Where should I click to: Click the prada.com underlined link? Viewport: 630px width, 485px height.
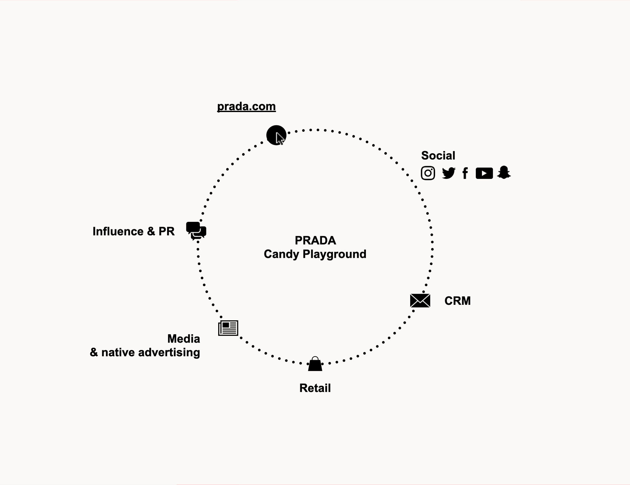point(246,107)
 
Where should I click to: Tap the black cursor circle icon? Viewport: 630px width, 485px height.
point(276,135)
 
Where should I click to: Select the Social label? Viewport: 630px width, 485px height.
point(438,156)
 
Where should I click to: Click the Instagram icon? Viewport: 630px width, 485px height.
point(428,173)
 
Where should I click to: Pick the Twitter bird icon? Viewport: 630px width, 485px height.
point(449,173)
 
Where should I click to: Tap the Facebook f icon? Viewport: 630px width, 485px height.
point(465,173)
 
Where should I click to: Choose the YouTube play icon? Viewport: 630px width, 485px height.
point(484,173)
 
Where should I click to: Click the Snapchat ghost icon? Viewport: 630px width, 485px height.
point(504,173)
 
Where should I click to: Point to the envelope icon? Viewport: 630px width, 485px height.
point(420,301)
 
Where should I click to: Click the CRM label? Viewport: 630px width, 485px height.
point(457,301)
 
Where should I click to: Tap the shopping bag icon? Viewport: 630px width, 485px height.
point(315,364)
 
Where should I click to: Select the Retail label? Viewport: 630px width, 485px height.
point(315,388)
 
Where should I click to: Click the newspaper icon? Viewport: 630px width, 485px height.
point(228,328)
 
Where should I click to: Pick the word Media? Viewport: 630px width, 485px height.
point(183,339)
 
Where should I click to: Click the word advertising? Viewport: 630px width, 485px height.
point(169,353)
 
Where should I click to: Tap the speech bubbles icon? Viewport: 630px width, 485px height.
point(196,231)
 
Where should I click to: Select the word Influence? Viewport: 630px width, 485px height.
point(118,231)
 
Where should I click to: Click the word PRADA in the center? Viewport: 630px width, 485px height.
point(315,241)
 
